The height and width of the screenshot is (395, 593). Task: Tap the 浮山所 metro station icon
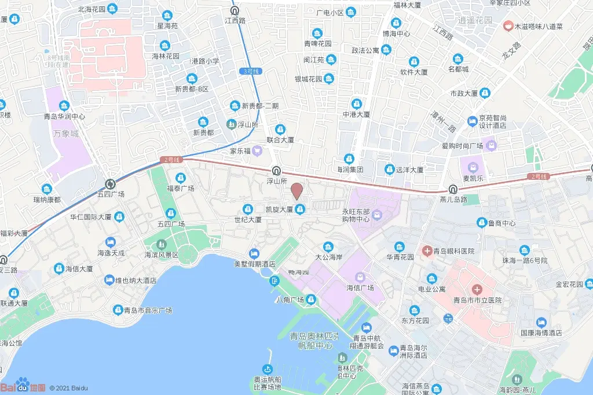(x=277, y=171)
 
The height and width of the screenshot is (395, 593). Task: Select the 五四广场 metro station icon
(x=110, y=184)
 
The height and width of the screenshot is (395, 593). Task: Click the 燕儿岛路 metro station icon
(x=453, y=189)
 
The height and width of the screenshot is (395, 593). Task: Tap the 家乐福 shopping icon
(x=258, y=151)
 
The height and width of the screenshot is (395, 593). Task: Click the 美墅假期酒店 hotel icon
(x=254, y=253)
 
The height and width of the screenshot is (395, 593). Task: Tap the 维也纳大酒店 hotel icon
(x=109, y=280)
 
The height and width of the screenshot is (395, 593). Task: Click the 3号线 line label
(x=250, y=71)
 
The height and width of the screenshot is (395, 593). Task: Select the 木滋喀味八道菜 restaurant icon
(x=507, y=26)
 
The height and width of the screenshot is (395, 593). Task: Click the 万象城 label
(x=65, y=134)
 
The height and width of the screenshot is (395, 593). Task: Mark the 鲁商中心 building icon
(x=481, y=223)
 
